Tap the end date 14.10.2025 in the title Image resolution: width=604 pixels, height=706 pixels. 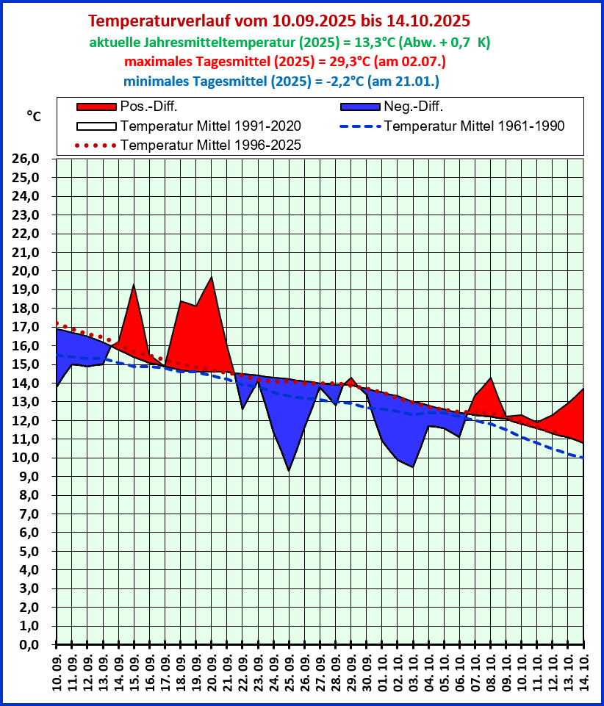click(427, 21)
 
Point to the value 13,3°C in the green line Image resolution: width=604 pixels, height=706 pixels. click(370, 42)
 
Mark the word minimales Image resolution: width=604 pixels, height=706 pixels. click(155, 80)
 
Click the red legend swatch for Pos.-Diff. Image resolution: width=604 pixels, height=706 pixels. click(96, 107)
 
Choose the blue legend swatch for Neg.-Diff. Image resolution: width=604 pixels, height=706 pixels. click(360, 107)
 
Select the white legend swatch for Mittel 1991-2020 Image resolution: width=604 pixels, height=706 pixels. click(96, 126)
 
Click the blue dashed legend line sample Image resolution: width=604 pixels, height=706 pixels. click(360, 126)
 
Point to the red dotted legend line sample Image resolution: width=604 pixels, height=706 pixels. click(96, 145)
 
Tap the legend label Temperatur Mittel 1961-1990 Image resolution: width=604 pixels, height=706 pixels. click(474, 126)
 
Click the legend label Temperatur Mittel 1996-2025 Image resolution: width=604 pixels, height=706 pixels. click(211, 145)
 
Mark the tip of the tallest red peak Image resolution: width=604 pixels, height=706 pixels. click(212, 278)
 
